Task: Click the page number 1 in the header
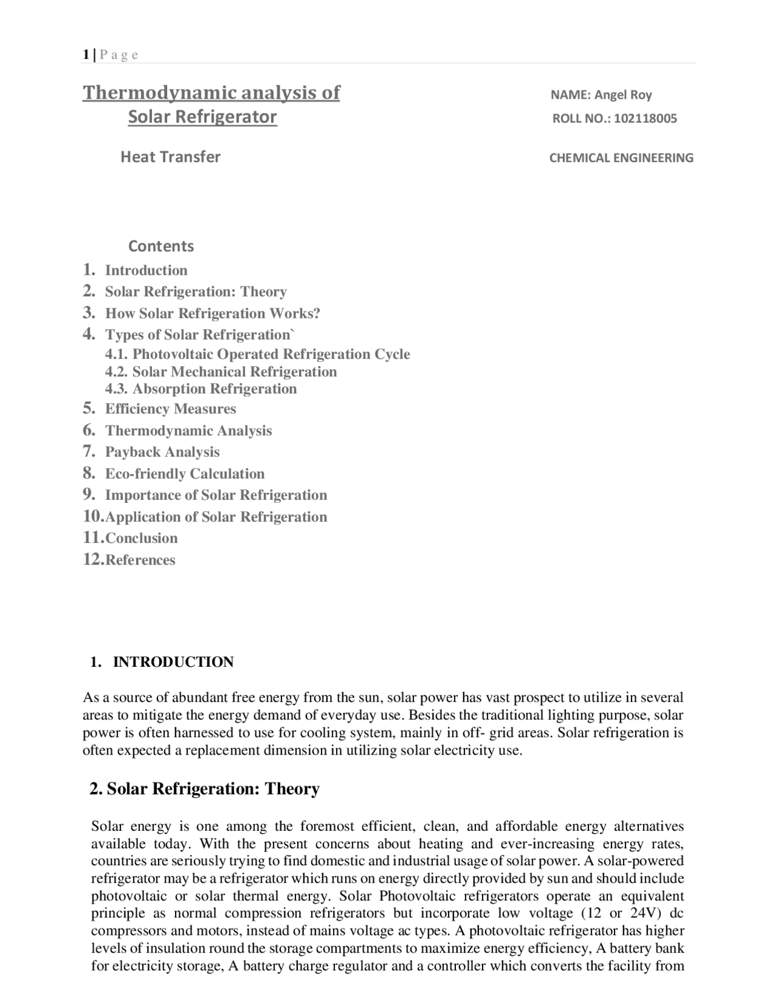pyautogui.click(x=86, y=55)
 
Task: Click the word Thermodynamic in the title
pyautogui.click(x=159, y=93)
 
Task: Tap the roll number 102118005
pyautogui.click(x=645, y=119)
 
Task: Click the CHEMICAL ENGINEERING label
pyautogui.click(x=621, y=158)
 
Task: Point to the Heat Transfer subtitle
pyautogui.click(x=170, y=157)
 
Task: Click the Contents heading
pyautogui.click(x=160, y=246)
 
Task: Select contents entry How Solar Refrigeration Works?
pyautogui.click(x=213, y=313)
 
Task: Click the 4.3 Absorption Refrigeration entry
pyautogui.click(x=214, y=388)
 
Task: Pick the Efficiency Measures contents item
pyautogui.click(x=170, y=409)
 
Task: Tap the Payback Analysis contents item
pyautogui.click(x=162, y=452)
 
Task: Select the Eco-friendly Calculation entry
pyautogui.click(x=185, y=474)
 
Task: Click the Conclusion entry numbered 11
pyautogui.click(x=141, y=538)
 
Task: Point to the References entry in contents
pyautogui.click(x=140, y=560)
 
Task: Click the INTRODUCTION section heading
pyautogui.click(x=173, y=662)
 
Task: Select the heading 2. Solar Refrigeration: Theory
pyautogui.click(x=204, y=789)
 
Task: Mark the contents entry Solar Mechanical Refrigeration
pyautogui.click(x=234, y=372)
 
